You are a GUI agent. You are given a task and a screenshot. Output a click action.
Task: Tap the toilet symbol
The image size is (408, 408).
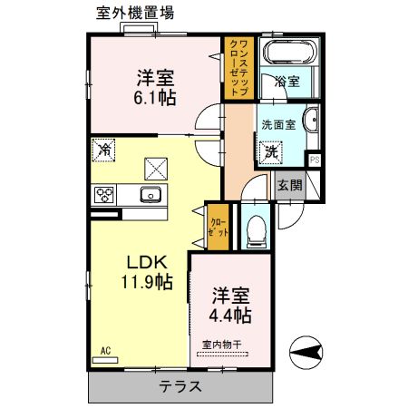point(256,226)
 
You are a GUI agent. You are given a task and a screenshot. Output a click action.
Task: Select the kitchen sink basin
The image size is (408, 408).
point(149,194)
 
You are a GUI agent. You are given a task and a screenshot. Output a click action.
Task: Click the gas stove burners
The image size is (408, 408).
point(104,194)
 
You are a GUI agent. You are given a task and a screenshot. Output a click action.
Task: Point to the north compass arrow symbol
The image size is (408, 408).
point(305,349)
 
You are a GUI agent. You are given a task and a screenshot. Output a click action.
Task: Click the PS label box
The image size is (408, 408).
point(315,160)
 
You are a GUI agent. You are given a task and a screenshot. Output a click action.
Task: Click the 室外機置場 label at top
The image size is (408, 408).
point(135,12)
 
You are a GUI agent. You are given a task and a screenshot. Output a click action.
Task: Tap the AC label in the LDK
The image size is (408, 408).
point(105,351)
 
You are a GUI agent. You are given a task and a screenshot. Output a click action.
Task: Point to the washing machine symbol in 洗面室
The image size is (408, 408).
point(270,153)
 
